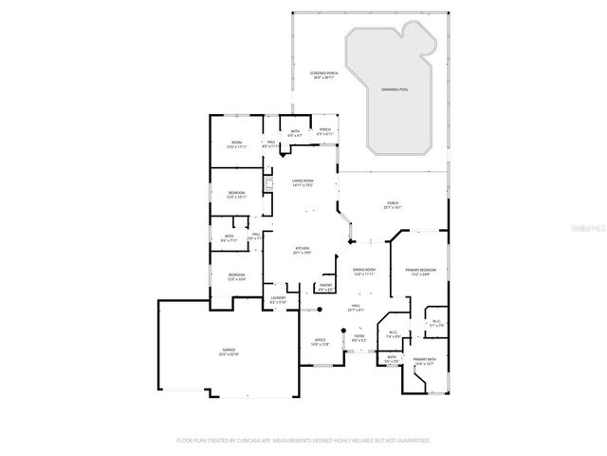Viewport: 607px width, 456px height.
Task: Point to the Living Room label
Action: point(303,180)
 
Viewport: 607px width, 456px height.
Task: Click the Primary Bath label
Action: point(423,359)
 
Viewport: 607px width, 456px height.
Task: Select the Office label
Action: point(320,341)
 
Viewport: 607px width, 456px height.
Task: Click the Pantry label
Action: point(324,286)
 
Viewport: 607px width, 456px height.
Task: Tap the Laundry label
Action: point(278,299)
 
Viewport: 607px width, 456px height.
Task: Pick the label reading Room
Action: point(236,143)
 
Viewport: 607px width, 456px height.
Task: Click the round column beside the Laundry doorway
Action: point(320,309)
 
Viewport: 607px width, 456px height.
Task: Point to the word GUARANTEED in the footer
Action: point(411,440)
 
